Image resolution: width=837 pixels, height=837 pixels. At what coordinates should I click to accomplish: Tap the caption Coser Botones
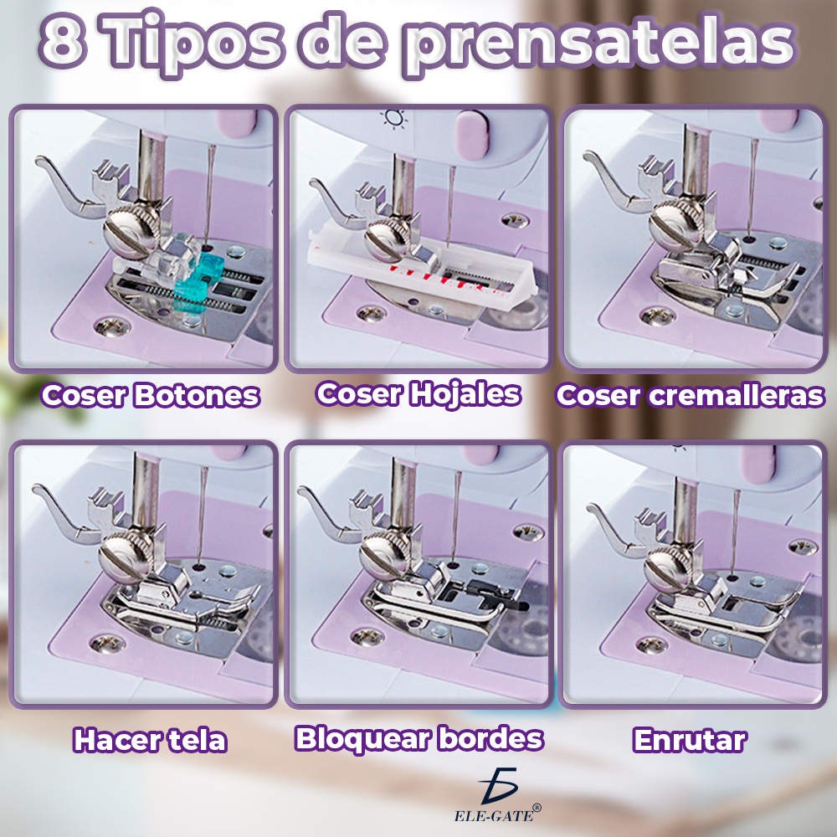tap(151, 395)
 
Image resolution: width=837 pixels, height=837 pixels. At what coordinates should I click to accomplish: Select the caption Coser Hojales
tap(418, 393)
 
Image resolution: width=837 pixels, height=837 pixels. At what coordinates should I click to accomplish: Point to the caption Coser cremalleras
tap(691, 395)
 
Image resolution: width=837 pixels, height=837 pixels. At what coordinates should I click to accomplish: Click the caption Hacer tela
tap(150, 740)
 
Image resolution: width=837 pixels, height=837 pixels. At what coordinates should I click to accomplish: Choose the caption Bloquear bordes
tap(419, 738)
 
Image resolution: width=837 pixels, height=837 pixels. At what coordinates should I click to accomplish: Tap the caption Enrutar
tap(690, 740)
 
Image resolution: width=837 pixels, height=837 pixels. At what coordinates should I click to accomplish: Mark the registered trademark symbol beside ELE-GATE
tap(537, 808)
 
